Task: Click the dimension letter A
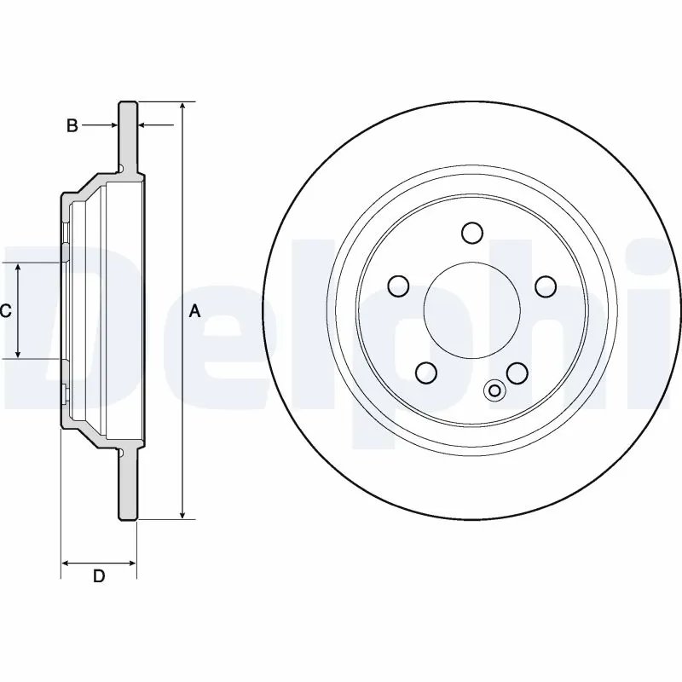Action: [194, 312]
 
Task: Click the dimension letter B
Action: [72, 126]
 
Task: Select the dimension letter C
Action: [5, 311]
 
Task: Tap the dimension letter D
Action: [99, 576]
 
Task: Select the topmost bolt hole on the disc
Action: [471, 233]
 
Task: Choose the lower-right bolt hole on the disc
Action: [517, 372]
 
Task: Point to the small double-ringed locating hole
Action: [494, 390]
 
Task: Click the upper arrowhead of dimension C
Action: [19, 269]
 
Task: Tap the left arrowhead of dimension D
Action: [67, 563]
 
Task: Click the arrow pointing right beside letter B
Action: [111, 126]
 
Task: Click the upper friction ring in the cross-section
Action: [127, 136]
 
